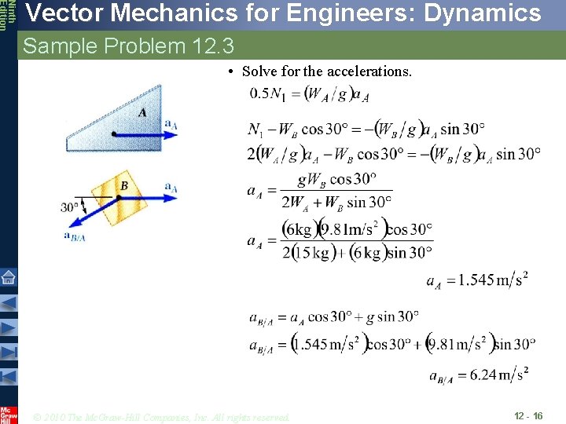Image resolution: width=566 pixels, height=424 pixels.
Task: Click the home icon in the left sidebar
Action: [8, 277]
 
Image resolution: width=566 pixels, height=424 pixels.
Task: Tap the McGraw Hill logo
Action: [8, 414]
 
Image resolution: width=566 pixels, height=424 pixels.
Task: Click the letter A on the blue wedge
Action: [142, 112]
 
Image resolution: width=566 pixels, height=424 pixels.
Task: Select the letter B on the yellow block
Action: [124, 185]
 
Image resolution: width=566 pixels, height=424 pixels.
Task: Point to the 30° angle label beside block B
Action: [70, 208]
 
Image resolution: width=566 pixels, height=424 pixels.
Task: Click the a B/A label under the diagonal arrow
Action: [75, 236]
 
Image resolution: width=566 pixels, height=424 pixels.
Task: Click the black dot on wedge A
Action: [114, 134]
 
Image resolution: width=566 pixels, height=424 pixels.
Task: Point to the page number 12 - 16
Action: [528, 415]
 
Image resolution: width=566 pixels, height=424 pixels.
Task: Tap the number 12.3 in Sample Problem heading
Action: [212, 46]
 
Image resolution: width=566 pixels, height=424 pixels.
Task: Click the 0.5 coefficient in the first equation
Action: [259, 94]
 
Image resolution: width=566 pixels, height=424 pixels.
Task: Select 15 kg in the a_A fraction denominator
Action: [313, 252]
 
